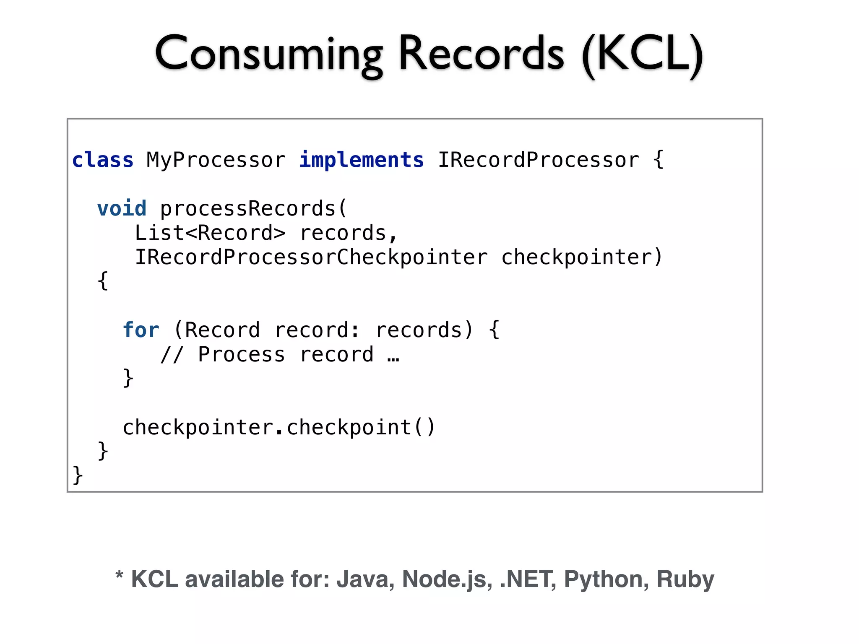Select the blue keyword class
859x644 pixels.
[x=103, y=160]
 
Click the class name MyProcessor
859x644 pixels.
[x=216, y=160]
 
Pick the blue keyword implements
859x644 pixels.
[x=362, y=160]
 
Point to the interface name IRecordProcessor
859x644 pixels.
[x=539, y=160]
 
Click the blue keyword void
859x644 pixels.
[x=122, y=209]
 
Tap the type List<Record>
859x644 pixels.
[x=210, y=233]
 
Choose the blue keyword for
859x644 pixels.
[x=141, y=330]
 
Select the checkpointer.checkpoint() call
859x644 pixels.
[x=279, y=428]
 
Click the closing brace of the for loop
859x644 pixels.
[x=128, y=378]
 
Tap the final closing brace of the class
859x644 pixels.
[x=78, y=475]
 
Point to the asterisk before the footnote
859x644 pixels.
[x=119, y=575]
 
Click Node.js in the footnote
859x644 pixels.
[x=447, y=579]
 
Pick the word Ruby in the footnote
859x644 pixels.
[x=685, y=579]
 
